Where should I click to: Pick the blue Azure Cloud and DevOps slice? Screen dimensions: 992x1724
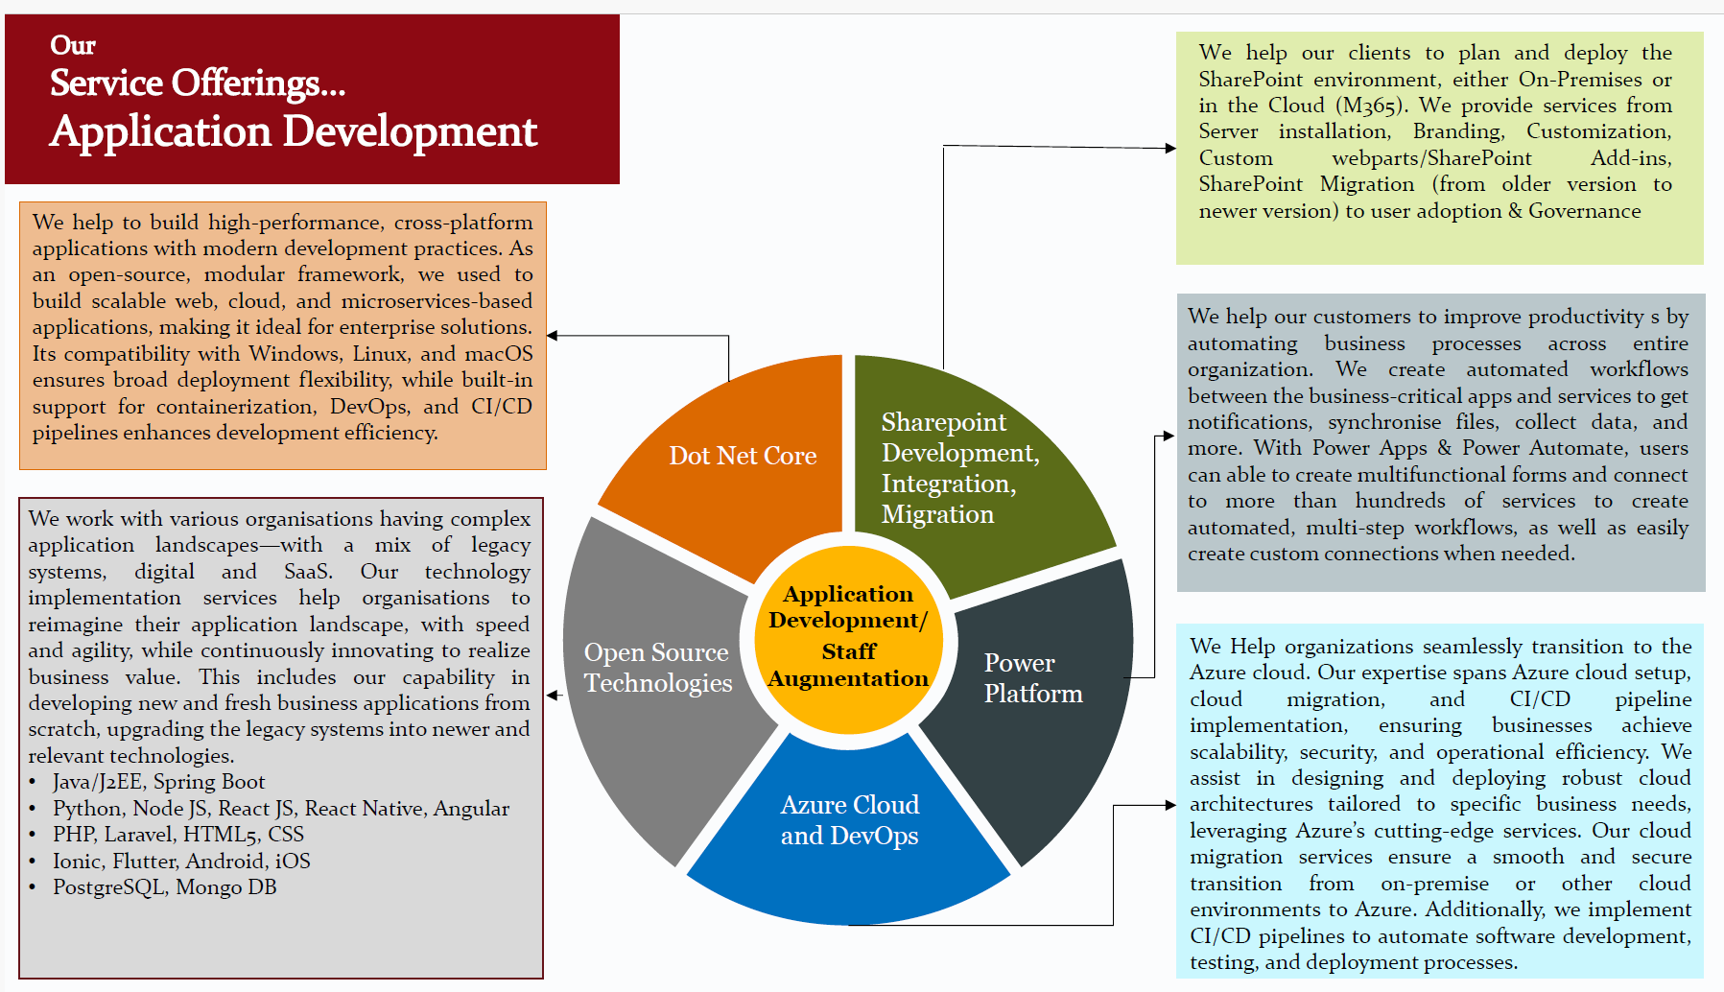[849, 825]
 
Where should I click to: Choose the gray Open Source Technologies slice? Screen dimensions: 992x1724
[657, 672]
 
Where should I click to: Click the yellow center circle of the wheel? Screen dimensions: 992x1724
[848, 638]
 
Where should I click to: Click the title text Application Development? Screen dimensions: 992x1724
[294, 131]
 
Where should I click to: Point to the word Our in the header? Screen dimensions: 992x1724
[73, 45]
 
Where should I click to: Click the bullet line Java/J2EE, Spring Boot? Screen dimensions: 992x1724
[159, 782]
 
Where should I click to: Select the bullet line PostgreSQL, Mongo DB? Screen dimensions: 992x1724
[164, 887]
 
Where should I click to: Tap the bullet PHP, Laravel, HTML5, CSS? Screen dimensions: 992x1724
[178, 835]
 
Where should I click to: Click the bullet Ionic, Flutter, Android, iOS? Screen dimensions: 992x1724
[181, 862]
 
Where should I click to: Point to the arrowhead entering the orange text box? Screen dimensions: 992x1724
[553, 336]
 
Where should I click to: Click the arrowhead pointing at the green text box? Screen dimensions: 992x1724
[1169, 148]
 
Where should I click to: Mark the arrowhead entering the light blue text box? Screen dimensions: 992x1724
[1169, 805]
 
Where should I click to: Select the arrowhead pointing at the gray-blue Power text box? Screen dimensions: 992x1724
[1168, 436]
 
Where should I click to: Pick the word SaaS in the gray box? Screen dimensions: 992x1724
[308, 572]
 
